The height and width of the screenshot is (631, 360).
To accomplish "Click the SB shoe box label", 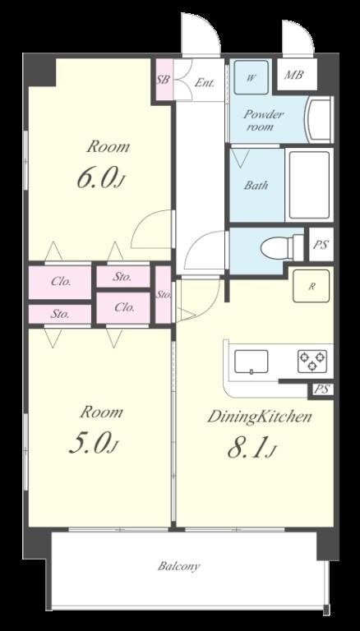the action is click(163, 79).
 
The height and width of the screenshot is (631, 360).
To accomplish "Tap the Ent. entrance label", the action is click(205, 83).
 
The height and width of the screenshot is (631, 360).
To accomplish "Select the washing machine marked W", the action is click(252, 77).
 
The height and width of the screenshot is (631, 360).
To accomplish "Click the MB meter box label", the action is click(293, 75).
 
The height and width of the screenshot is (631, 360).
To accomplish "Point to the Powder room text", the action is click(263, 121).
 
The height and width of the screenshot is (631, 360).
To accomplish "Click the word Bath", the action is click(256, 186).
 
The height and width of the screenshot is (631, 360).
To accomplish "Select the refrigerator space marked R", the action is click(312, 286).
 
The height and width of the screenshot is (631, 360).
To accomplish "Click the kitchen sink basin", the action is click(252, 362).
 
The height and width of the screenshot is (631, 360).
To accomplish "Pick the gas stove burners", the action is click(312, 361).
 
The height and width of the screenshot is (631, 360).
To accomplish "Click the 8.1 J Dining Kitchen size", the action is click(252, 449).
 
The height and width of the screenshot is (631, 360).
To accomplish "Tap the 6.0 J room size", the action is click(99, 178).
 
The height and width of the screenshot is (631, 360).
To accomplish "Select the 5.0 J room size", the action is click(94, 444).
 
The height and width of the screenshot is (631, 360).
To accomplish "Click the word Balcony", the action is click(178, 566).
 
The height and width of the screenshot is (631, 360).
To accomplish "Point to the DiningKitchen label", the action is click(260, 417).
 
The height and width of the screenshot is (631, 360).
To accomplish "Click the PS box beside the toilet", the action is click(321, 244).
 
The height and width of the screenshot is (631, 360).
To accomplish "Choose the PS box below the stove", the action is click(321, 389).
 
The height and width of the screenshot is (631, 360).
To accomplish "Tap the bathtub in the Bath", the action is click(309, 185).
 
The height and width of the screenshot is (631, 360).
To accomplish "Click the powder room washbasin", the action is click(319, 120).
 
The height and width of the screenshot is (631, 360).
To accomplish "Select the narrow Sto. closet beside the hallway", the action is click(164, 295).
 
